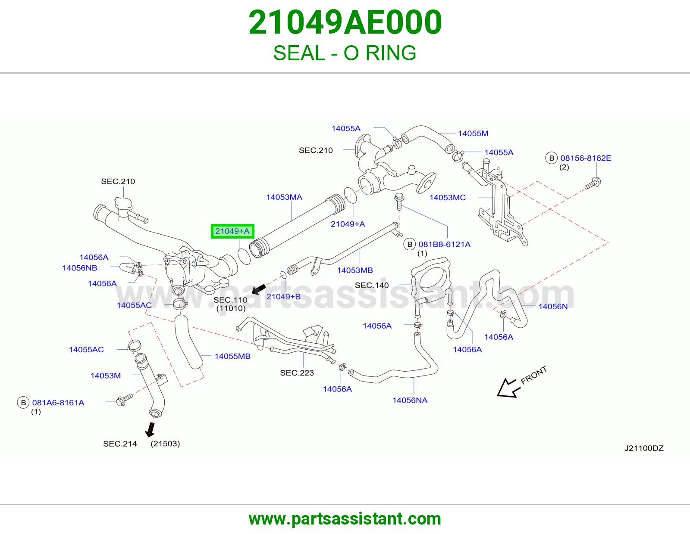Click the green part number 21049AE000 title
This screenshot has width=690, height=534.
(345, 22)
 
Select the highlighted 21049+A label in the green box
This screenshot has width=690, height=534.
(232, 231)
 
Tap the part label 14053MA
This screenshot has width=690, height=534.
(284, 197)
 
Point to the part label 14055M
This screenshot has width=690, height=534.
(473, 133)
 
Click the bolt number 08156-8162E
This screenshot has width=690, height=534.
(586, 158)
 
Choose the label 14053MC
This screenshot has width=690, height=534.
(447, 198)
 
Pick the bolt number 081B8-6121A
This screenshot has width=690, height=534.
(444, 244)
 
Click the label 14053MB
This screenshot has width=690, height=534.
(354, 270)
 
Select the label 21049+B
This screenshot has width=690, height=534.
(283, 296)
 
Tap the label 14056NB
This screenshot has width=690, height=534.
(80, 268)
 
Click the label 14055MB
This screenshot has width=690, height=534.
(232, 357)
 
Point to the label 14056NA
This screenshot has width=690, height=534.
(410, 400)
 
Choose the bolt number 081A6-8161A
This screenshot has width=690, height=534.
(58, 403)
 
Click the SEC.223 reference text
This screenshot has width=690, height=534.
(297, 373)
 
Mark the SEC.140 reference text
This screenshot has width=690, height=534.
(371, 286)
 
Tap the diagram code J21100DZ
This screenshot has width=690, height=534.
(644, 448)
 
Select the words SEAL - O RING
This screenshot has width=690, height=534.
(345, 53)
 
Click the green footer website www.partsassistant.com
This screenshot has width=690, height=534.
(345, 519)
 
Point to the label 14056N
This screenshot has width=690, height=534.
(553, 306)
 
